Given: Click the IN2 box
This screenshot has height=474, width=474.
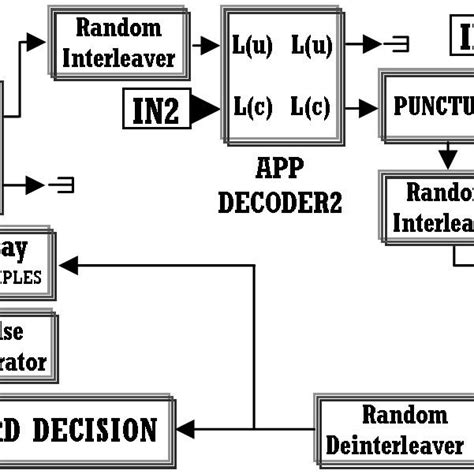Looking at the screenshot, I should (x=155, y=111).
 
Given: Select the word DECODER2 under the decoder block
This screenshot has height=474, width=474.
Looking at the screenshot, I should (x=280, y=203).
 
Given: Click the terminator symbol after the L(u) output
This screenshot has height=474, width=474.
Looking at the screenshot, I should (x=396, y=43).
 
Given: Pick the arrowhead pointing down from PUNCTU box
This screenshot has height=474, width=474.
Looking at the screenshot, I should (x=446, y=160).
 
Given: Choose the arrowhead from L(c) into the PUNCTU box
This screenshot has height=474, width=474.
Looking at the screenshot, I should (x=370, y=107).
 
